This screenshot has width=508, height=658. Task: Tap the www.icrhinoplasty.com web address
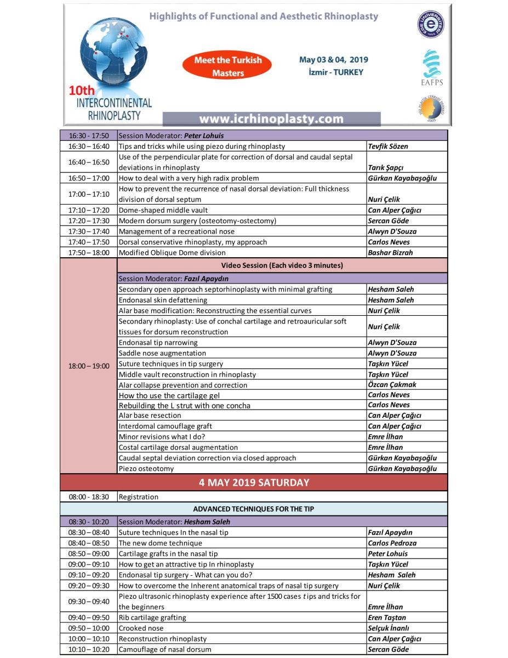pyautogui.click(x=271, y=119)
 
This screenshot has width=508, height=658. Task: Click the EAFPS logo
pyautogui.click(x=431, y=68)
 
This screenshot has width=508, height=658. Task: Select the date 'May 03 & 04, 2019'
pyautogui.click(x=333, y=60)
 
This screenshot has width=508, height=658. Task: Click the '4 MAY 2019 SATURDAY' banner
pyautogui.click(x=254, y=483)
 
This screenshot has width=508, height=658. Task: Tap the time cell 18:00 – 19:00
pyautogui.click(x=89, y=366)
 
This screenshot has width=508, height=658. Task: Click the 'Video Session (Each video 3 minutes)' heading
pyautogui.click(x=282, y=265)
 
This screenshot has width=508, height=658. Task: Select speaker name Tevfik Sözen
pyautogui.click(x=388, y=146)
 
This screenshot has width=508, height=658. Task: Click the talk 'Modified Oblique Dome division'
pyautogui.click(x=172, y=253)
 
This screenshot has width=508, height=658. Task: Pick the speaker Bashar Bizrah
pyautogui.click(x=390, y=253)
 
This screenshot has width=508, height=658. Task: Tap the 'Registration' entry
pyautogui.click(x=139, y=497)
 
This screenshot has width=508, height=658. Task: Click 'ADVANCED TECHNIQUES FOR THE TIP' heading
pyautogui.click(x=254, y=509)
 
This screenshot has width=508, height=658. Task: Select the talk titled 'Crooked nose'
pyautogui.click(x=141, y=628)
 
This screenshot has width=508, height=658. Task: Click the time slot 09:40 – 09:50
pyautogui.click(x=89, y=617)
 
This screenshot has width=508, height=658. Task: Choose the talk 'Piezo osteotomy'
pyautogui.click(x=146, y=468)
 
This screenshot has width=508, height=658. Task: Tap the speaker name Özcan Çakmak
pyautogui.click(x=392, y=384)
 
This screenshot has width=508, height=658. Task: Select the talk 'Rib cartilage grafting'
pyautogui.click(x=152, y=617)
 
